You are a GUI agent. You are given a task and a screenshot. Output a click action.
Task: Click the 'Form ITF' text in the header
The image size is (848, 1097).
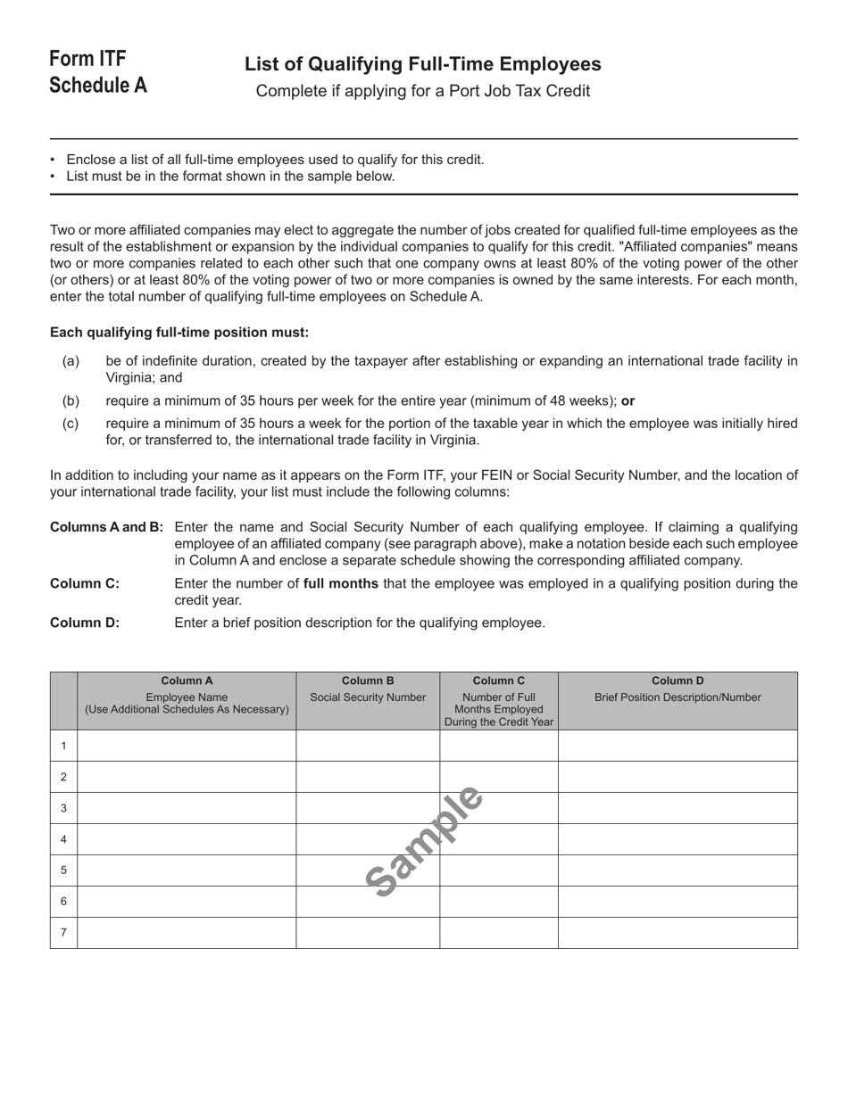click(x=87, y=59)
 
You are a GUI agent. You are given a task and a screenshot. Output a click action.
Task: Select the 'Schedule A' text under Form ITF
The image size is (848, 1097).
click(x=98, y=86)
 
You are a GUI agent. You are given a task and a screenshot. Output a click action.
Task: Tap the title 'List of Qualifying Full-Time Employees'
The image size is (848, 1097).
click(x=422, y=64)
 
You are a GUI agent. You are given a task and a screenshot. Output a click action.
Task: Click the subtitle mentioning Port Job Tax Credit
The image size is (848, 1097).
click(x=422, y=91)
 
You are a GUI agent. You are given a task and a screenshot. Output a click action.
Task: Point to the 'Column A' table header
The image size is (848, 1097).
click(x=187, y=680)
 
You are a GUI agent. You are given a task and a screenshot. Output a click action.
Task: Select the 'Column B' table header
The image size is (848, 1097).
click(x=368, y=680)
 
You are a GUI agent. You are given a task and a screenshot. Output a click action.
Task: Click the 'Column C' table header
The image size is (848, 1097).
click(x=498, y=680)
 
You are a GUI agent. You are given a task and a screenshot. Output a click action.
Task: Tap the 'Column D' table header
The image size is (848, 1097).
click(x=678, y=680)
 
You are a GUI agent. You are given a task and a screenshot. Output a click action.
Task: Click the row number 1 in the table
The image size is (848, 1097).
click(x=63, y=746)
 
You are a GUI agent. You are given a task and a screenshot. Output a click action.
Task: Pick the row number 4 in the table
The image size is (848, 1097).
click(x=63, y=839)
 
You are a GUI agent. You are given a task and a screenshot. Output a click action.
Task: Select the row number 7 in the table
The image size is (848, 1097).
click(x=63, y=933)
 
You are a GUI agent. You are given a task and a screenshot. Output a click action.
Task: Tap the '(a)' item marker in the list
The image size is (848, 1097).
click(x=71, y=361)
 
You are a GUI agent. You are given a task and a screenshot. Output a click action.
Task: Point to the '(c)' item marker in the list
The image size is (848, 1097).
click(x=71, y=424)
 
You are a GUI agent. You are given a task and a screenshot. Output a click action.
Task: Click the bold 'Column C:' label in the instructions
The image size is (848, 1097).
click(x=84, y=584)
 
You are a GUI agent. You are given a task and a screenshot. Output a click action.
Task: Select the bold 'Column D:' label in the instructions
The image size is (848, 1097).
click(x=84, y=623)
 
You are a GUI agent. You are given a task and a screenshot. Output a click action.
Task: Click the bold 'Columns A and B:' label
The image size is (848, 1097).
click(x=106, y=527)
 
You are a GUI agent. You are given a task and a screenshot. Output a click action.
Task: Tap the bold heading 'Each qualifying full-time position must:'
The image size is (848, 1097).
click(x=179, y=333)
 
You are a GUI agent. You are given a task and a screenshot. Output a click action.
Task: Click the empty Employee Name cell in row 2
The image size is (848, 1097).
click(x=187, y=777)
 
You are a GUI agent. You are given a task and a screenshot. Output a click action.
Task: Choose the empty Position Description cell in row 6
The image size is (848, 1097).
click(x=678, y=902)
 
